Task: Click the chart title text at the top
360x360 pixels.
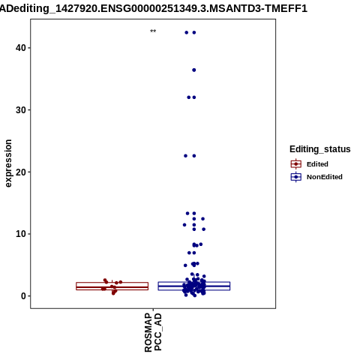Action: (x=154, y=9)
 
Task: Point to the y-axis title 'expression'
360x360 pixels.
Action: (x=8, y=163)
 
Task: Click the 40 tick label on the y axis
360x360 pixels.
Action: (x=21, y=48)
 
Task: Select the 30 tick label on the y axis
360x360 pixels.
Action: (x=21, y=109)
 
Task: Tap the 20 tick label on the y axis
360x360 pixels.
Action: (x=21, y=172)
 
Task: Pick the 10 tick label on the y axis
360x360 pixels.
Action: (x=21, y=234)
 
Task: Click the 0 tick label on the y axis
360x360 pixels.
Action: (x=24, y=296)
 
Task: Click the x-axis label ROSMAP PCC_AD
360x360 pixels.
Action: (x=153, y=332)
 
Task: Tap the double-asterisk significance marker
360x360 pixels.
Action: (x=153, y=31)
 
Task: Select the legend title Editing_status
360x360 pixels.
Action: (x=320, y=149)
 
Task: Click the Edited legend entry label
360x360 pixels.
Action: (x=317, y=164)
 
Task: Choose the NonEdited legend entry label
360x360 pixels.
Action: (x=325, y=177)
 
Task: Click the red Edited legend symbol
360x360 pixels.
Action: (x=296, y=164)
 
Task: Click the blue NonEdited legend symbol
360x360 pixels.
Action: (x=296, y=177)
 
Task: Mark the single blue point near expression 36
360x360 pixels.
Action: (x=194, y=70)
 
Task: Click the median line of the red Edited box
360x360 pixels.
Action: (x=112, y=287)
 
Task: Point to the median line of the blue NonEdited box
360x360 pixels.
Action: (x=194, y=286)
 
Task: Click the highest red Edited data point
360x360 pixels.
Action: (x=105, y=280)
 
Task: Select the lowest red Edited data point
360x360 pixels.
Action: (x=113, y=293)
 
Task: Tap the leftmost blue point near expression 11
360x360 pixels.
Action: (x=184, y=225)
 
